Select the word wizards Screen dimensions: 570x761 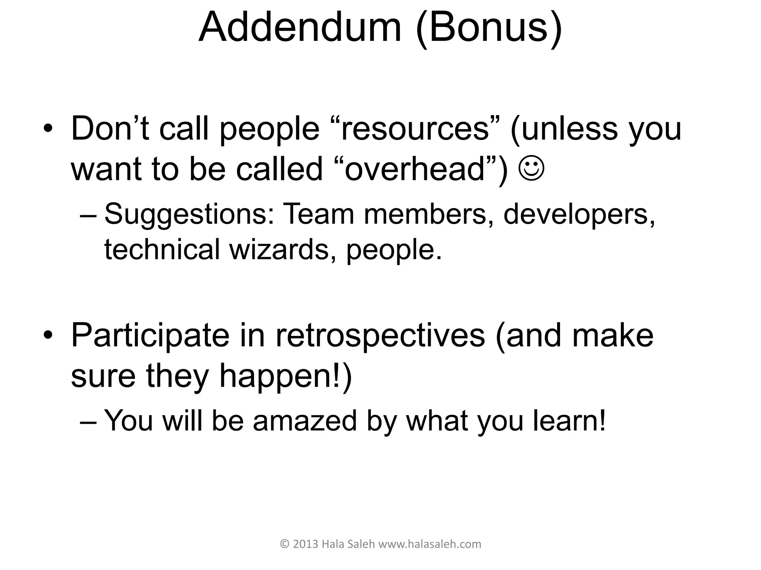coord(279,249)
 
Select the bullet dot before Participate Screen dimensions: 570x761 coord(48,335)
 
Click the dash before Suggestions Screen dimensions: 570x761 coord(89,215)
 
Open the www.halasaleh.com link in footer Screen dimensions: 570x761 coord(430,544)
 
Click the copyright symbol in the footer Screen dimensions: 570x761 coord(285,544)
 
